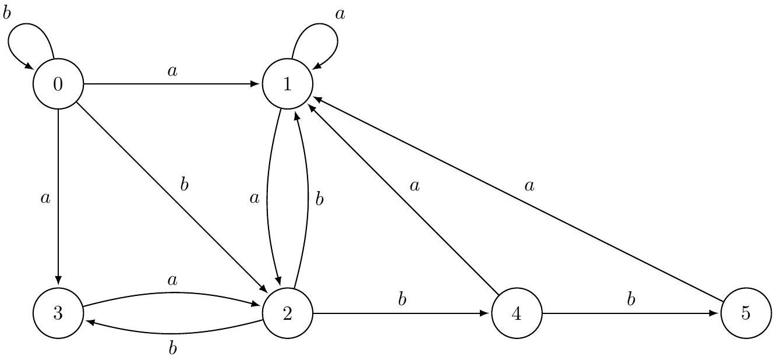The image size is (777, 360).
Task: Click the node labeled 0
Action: point(58,84)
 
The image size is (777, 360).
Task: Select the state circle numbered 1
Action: point(288,84)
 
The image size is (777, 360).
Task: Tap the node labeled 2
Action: point(288,313)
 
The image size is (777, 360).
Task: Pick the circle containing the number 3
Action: point(58,313)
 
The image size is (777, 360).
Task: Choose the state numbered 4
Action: point(517,313)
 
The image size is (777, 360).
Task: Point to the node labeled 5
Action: point(746,313)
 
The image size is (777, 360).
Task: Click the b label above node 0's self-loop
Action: point(6,13)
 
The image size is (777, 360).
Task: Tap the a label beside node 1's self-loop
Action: point(340,15)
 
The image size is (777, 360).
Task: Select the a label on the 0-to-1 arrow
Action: point(172,72)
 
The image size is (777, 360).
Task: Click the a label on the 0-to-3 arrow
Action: point(45,199)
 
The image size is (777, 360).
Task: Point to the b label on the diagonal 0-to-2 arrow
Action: point(185,185)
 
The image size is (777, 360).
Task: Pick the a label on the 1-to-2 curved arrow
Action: point(255,199)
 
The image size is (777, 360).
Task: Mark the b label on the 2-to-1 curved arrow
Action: point(319,199)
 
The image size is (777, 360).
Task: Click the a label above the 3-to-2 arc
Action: point(172,280)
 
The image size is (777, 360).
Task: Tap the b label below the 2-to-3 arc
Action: point(173,348)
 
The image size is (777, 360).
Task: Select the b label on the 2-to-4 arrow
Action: point(402,299)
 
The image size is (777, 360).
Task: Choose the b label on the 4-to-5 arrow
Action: point(631,299)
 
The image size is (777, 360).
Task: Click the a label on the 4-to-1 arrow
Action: point(415,186)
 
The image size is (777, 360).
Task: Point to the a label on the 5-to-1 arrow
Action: point(529,186)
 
